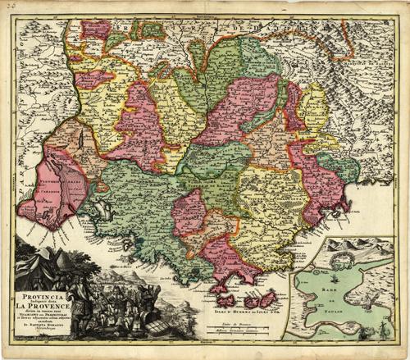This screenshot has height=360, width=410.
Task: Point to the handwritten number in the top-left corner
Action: (10, 9)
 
